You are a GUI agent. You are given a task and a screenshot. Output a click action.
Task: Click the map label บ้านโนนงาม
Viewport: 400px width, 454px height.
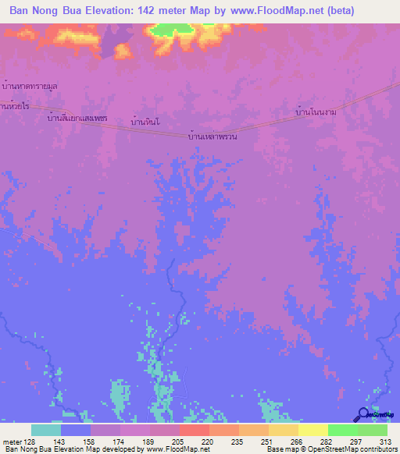pos(316,112)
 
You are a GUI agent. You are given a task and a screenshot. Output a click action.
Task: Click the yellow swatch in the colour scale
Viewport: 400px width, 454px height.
pos(313,430)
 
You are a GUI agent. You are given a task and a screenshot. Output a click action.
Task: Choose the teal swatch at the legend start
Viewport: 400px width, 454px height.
pos(45,430)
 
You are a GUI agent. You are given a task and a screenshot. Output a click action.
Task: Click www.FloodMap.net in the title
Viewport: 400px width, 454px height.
pos(261,11)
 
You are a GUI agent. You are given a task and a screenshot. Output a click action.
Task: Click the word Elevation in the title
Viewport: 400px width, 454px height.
pos(107,11)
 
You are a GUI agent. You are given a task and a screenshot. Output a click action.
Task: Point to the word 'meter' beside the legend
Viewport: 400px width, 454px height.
pos(12,441)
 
